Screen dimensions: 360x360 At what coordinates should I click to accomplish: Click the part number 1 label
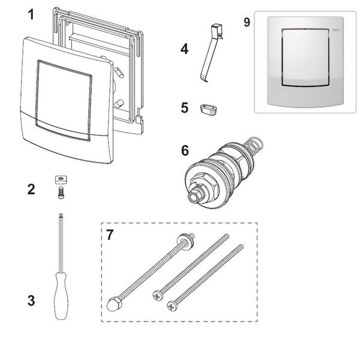(31, 14)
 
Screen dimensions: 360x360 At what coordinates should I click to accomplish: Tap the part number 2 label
(31, 190)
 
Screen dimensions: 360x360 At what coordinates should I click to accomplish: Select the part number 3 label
(31, 301)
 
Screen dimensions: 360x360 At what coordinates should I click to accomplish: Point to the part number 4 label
(184, 49)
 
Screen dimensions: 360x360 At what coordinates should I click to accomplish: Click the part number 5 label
(184, 108)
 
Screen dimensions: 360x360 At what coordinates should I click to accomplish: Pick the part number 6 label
(184, 151)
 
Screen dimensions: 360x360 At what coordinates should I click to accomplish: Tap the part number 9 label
(247, 22)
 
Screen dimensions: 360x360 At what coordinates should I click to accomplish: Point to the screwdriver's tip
(61, 215)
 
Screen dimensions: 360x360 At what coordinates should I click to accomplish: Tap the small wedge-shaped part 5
(206, 109)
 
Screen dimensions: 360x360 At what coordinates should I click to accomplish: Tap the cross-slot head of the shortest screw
(172, 307)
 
